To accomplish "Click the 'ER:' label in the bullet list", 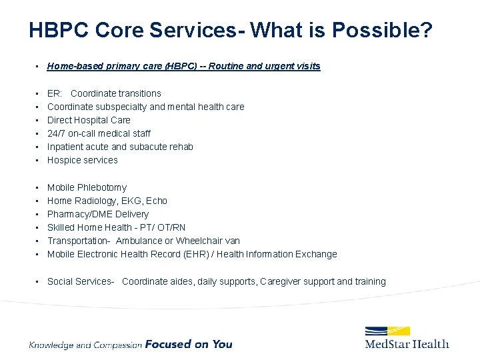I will point(55,93).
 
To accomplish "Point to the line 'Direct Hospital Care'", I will point(89,120).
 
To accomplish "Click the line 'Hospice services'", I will point(82,160).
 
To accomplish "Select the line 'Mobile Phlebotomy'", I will point(87,187).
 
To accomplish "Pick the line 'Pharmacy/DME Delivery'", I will point(98,214).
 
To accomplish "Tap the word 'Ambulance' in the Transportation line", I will point(139,241).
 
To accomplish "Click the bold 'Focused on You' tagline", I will point(189,344).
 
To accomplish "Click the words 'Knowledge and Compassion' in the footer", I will point(85,345).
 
